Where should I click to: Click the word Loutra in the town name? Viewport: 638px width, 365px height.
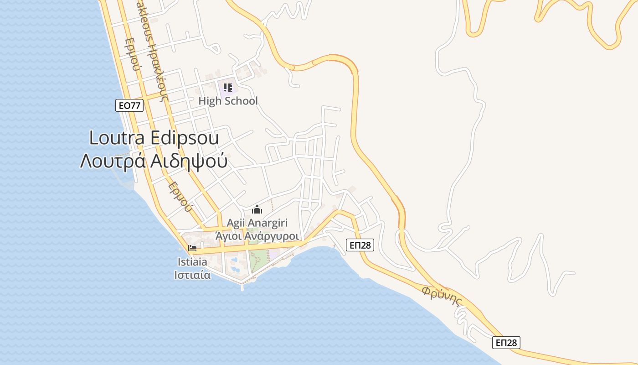click(x=117, y=138)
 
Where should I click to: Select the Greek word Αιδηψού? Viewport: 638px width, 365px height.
click(x=189, y=161)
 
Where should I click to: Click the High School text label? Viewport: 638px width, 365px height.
click(x=228, y=101)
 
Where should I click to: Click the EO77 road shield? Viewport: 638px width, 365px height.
click(x=129, y=106)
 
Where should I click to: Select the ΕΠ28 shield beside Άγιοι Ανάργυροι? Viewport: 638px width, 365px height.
click(x=360, y=245)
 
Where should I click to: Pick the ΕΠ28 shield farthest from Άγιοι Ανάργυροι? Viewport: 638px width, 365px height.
click(x=506, y=343)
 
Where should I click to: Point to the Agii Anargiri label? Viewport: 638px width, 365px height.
click(x=258, y=224)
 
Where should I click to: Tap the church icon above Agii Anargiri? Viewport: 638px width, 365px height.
click(x=257, y=210)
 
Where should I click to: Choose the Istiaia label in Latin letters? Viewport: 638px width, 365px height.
click(x=192, y=262)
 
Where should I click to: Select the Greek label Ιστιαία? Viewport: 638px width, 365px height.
click(x=192, y=275)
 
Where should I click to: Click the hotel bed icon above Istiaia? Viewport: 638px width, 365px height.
click(x=192, y=248)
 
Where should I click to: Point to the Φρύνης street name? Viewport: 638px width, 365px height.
click(x=442, y=296)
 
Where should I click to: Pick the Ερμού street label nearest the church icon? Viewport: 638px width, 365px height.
click(x=179, y=197)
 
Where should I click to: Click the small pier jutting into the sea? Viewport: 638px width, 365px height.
click(x=242, y=286)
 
